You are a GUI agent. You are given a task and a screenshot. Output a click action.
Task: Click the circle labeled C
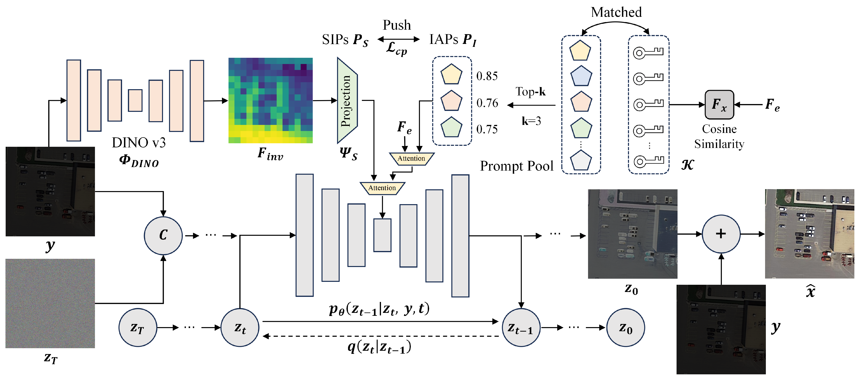[163, 236]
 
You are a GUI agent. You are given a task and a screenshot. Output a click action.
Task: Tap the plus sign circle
[721, 234]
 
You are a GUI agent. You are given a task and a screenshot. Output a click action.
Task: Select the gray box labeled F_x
[719, 105]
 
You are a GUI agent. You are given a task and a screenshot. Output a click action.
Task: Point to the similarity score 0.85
[487, 76]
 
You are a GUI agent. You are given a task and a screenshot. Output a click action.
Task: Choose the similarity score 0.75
[487, 129]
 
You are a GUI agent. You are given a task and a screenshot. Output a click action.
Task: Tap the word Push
[397, 25]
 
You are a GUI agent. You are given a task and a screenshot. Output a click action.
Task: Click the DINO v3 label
[139, 143]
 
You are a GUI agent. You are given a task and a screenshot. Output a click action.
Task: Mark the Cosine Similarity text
[719, 136]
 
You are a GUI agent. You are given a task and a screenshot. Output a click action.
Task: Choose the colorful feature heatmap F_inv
[270, 100]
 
